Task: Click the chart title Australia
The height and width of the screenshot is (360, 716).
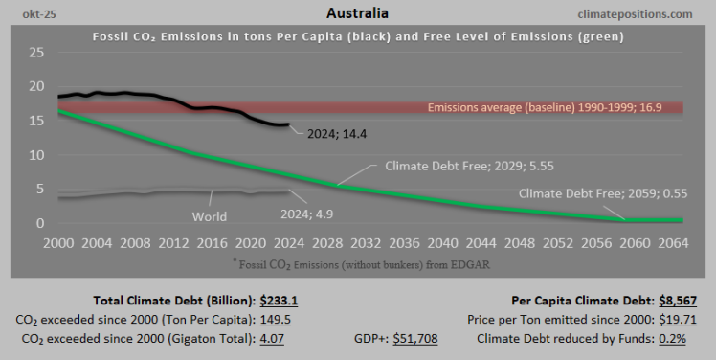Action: click(x=357, y=14)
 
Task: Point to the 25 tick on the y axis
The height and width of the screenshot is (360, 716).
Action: click(x=36, y=52)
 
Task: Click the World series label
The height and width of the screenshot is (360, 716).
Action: click(x=209, y=216)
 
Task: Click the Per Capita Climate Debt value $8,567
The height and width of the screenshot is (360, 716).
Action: click(x=675, y=299)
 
